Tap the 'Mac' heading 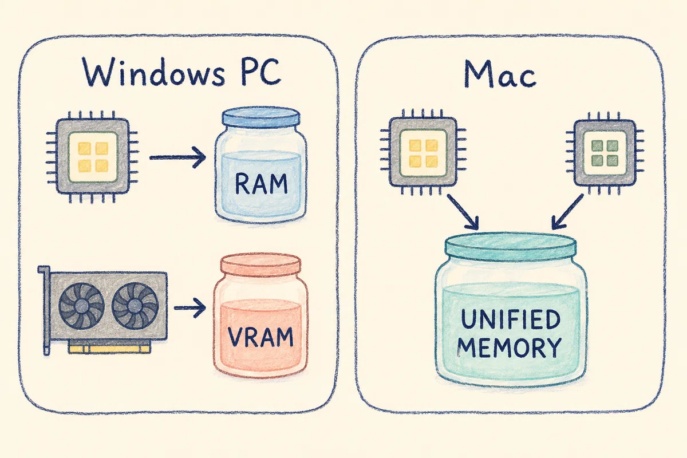point(500,74)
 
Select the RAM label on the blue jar point(261,184)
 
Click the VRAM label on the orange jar point(260,337)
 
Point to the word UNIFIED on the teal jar point(511,319)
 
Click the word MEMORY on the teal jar point(509,347)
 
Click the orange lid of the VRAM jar point(260,264)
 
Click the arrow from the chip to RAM point(177,157)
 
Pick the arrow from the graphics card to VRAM point(189,307)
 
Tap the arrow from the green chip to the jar point(567,212)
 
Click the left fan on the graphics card point(81,306)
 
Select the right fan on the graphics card point(135,306)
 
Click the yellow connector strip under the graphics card point(109,348)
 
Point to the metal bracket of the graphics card point(45,310)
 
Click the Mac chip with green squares point(604,152)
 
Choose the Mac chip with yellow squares point(423,152)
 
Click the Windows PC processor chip point(92,156)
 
